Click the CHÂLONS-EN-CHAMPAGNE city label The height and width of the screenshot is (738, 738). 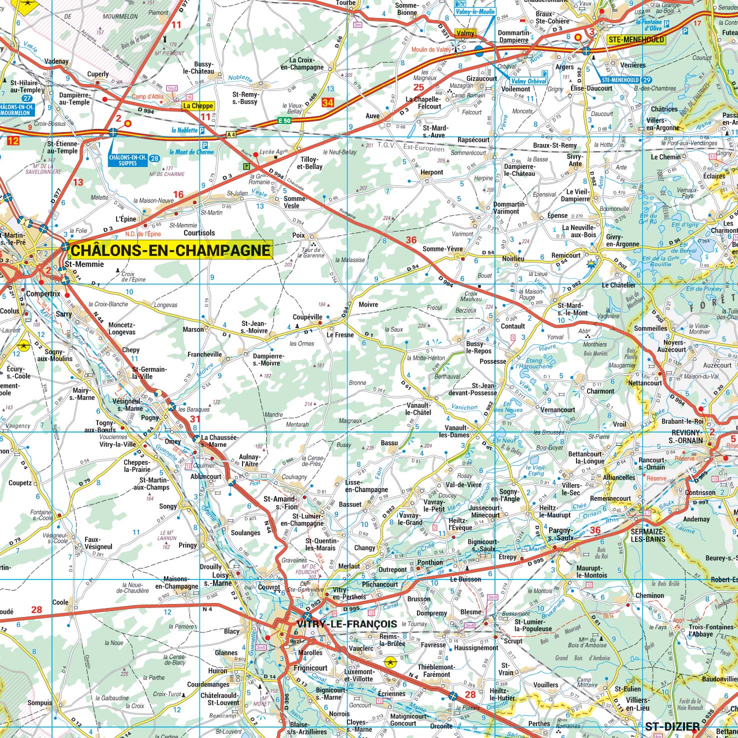click(x=171, y=250)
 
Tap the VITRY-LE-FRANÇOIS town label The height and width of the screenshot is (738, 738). click(x=346, y=624)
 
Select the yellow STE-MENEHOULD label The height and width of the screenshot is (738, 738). click(x=635, y=39)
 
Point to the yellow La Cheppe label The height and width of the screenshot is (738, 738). click(x=198, y=105)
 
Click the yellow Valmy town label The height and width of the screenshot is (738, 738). click(x=465, y=33)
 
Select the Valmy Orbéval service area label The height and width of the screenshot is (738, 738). click(x=529, y=81)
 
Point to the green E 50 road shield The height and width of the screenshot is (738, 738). click(x=284, y=120)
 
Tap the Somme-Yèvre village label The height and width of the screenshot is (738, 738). click(x=442, y=249)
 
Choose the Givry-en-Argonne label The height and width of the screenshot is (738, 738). click(x=622, y=240)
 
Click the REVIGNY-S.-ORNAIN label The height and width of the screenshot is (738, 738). click(x=686, y=436)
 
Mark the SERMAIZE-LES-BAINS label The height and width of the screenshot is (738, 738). click(x=648, y=535)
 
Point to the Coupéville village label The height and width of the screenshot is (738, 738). click(x=307, y=317)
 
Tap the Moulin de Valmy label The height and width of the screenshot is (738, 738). click(x=431, y=49)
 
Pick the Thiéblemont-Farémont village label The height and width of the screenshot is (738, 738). click(x=436, y=670)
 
